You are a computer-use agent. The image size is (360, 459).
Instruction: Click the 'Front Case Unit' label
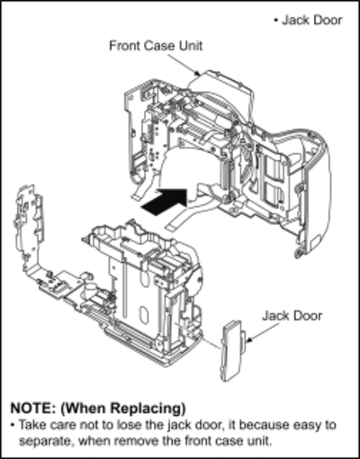click(x=156, y=46)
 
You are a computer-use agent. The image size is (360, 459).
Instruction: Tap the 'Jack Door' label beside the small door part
click(x=292, y=316)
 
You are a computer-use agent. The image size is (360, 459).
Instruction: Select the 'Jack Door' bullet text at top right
click(x=312, y=21)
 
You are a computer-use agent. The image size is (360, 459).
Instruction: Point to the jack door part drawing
click(x=233, y=351)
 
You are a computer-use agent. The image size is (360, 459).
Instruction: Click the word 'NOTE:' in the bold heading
click(x=33, y=408)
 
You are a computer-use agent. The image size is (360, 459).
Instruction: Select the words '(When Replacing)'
click(x=123, y=409)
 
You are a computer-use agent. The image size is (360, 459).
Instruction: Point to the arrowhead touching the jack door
click(x=248, y=339)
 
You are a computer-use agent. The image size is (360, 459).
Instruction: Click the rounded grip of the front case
click(x=318, y=192)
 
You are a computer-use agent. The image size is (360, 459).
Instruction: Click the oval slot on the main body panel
click(x=145, y=315)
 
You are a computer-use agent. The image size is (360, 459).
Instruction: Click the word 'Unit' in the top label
click(x=191, y=46)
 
